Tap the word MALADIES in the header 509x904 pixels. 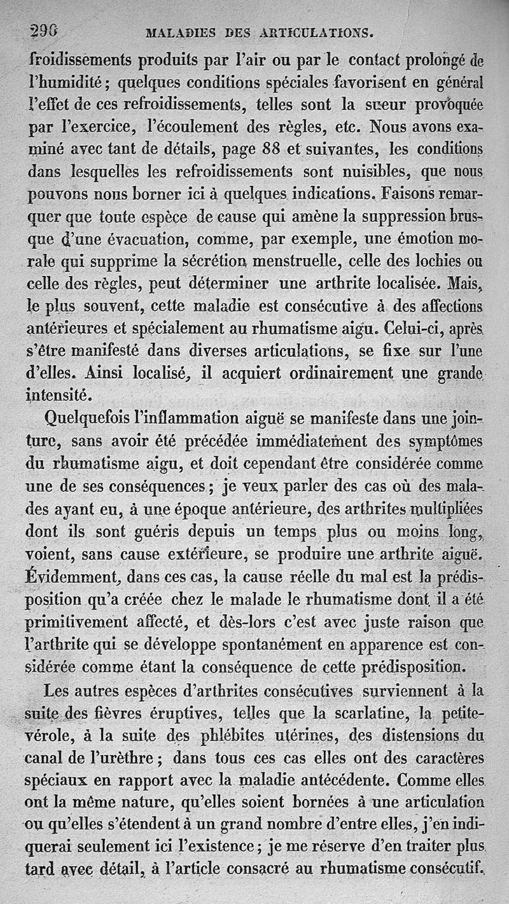181,32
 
